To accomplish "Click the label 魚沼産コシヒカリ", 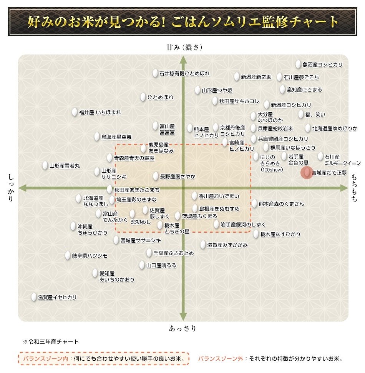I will coord(322,65).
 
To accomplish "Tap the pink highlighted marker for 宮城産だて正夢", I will coord(306,173).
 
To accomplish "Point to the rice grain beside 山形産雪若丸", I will coord(45,165).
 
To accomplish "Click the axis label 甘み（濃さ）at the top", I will coord(184,48).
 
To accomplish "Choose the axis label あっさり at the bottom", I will coord(182,328).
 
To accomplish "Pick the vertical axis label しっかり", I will coord(10,188).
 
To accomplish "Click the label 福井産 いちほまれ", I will coord(100,112).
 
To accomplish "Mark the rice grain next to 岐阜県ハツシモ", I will coord(68,255).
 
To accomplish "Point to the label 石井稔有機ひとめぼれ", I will coord(184,73).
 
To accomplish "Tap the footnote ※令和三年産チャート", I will coord(51,342).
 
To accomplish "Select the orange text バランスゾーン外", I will coord(221,359).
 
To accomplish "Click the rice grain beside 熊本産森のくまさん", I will coord(255,203).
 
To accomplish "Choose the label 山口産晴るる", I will coord(161,265).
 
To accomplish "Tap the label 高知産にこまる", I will coord(304,90).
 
